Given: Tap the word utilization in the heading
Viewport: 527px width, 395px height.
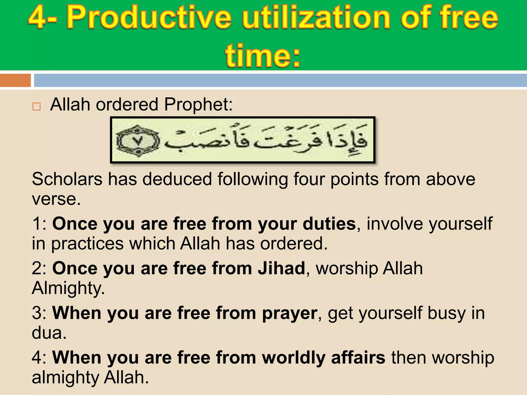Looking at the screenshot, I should coord(317,18).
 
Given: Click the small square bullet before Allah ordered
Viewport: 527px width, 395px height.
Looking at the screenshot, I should coord(37,106).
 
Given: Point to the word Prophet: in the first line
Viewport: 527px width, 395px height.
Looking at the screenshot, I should coord(198,105).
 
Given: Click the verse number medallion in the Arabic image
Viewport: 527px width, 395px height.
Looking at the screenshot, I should coord(138,141).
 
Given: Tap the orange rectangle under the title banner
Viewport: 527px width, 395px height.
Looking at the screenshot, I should coord(15,80).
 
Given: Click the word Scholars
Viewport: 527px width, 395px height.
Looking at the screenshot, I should coord(67,179).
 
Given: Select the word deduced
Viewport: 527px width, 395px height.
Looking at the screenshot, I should coord(177,179).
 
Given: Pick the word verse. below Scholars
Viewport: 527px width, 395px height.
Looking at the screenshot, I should coord(56,199).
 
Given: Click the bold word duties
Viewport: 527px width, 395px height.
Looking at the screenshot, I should coord(329,224).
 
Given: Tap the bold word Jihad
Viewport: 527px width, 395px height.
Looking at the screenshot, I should coord(282,268).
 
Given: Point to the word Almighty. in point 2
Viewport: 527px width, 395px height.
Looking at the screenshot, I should coord(68,288).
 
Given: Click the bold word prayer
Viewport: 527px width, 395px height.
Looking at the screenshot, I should coord(289,313).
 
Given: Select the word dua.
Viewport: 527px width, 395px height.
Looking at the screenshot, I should coord(49,333).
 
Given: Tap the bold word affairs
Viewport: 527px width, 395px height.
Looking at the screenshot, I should coord(358,358).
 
